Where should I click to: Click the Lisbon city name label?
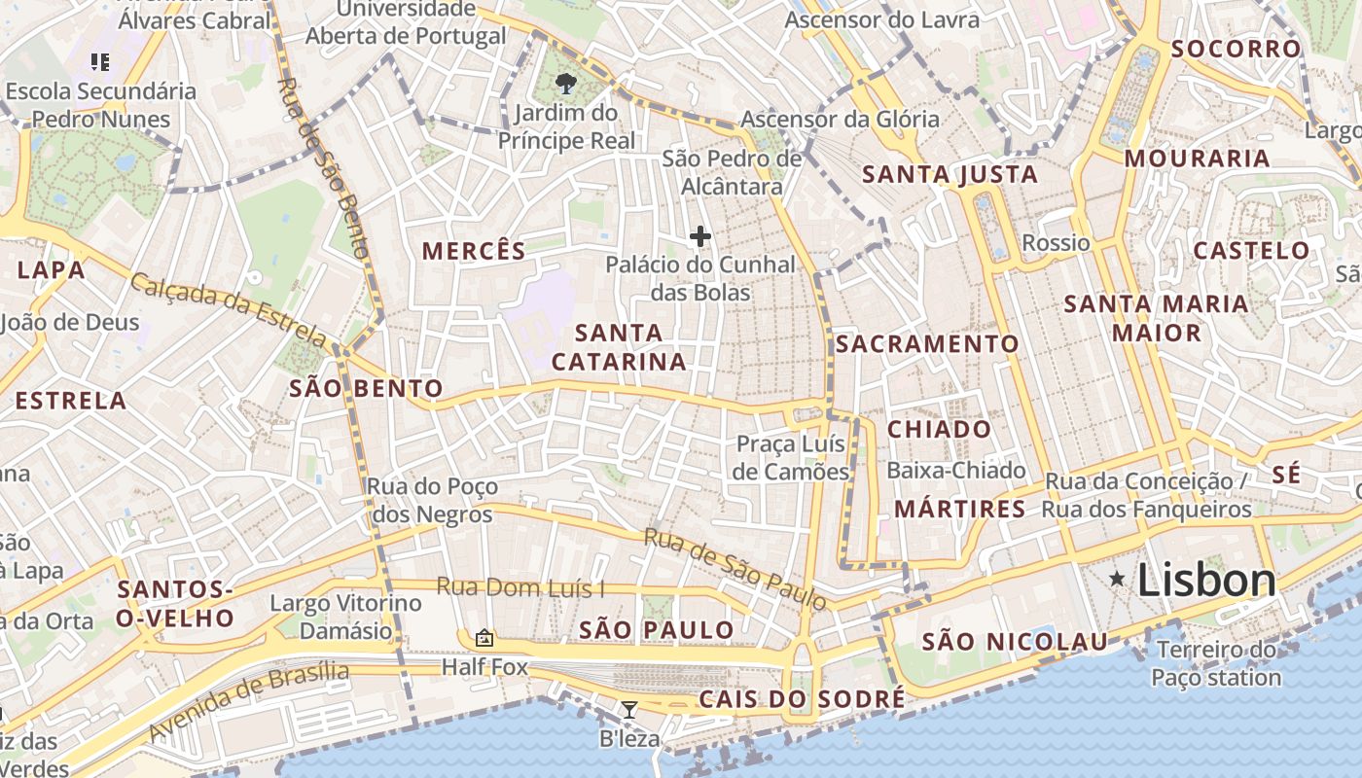1205,581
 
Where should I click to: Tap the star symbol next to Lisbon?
1118,580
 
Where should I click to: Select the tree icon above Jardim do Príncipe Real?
565,84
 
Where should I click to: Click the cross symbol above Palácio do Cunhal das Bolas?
699,235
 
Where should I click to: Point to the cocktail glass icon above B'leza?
628,710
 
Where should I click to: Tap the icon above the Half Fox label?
484,638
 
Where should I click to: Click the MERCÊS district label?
474,251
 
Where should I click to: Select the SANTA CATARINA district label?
619,347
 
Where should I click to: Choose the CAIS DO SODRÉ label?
802,699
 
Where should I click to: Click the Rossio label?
1056,242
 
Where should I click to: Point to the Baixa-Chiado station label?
956,471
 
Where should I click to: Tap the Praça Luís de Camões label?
792,458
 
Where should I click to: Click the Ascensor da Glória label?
841,120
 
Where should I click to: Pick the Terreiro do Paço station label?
1216,663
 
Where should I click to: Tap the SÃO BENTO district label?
366,389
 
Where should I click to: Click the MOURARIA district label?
1197,159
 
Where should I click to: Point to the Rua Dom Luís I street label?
520,587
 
